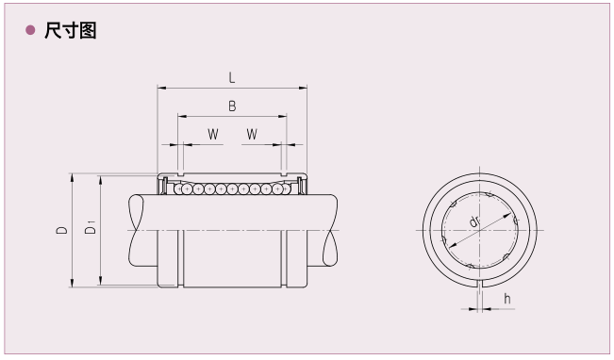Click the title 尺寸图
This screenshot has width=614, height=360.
point(71,30)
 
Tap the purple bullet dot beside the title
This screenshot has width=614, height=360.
point(30,30)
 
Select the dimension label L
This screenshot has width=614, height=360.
point(232,77)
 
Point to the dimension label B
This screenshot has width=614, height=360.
point(232,106)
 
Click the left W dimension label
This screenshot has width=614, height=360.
point(213,134)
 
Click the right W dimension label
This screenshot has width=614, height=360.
point(252,134)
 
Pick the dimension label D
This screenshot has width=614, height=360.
point(61,230)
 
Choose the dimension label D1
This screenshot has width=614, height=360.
point(90,227)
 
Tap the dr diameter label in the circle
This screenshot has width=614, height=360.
point(474,221)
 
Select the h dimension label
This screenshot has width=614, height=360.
point(507,299)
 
